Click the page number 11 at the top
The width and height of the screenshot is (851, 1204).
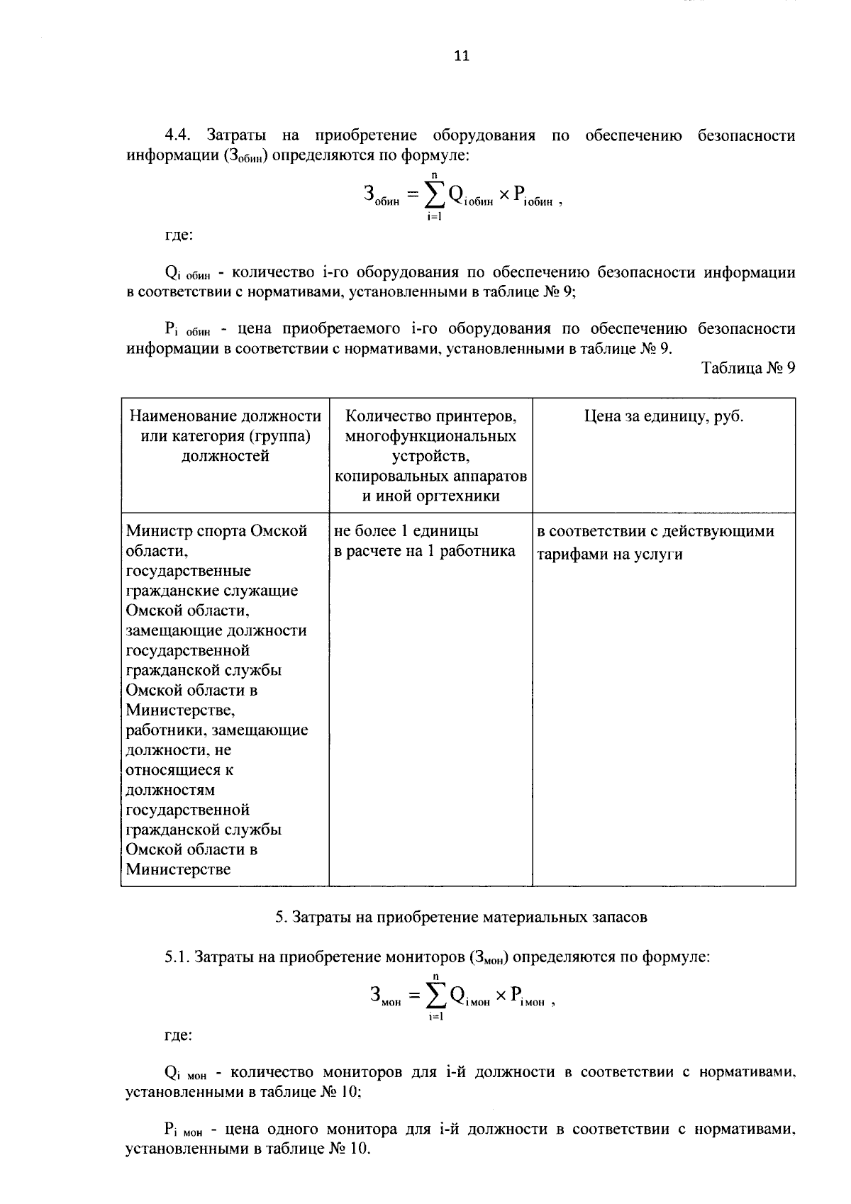click(462, 57)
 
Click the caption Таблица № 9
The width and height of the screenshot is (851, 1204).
click(748, 368)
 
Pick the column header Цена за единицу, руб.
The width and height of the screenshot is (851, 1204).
click(663, 416)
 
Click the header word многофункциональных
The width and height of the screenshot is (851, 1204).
click(430, 436)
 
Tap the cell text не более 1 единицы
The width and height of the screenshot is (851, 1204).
click(406, 531)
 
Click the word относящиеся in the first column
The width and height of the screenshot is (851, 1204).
click(179, 769)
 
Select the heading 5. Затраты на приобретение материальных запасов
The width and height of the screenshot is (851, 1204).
click(461, 917)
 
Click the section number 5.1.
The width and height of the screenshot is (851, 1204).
click(177, 957)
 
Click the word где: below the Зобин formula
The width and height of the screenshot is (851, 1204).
click(177, 235)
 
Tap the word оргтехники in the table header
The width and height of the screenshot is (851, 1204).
click(462, 496)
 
